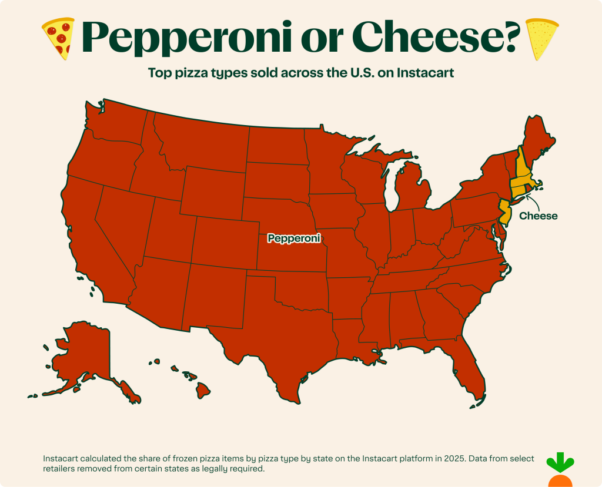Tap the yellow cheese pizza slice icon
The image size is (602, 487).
(x=542, y=39)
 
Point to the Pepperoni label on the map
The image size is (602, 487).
(x=294, y=239)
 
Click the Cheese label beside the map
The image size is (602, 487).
(x=538, y=216)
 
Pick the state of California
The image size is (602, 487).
(x=94, y=235)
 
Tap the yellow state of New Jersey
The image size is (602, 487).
(x=504, y=211)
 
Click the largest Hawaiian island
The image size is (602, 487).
(x=203, y=389)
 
